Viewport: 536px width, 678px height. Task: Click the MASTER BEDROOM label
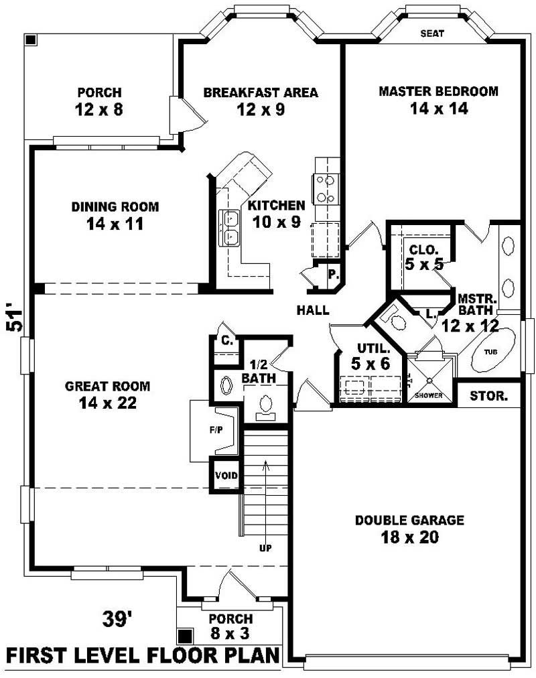click(438, 91)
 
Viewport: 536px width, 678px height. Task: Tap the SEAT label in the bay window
click(432, 33)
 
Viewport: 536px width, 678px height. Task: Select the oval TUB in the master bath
click(492, 350)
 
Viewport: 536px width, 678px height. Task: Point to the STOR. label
click(487, 395)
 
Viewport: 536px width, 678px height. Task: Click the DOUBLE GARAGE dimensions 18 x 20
click(409, 537)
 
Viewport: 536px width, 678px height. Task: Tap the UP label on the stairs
click(265, 548)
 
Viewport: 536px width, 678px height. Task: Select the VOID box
click(226, 476)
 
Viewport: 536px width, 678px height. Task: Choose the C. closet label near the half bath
click(228, 340)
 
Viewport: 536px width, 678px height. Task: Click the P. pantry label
click(332, 273)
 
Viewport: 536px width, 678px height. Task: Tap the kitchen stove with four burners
click(326, 188)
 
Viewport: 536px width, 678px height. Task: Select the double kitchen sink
click(229, 226)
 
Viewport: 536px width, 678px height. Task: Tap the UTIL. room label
click(369, 348)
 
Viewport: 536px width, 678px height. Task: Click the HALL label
click(314, 310)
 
